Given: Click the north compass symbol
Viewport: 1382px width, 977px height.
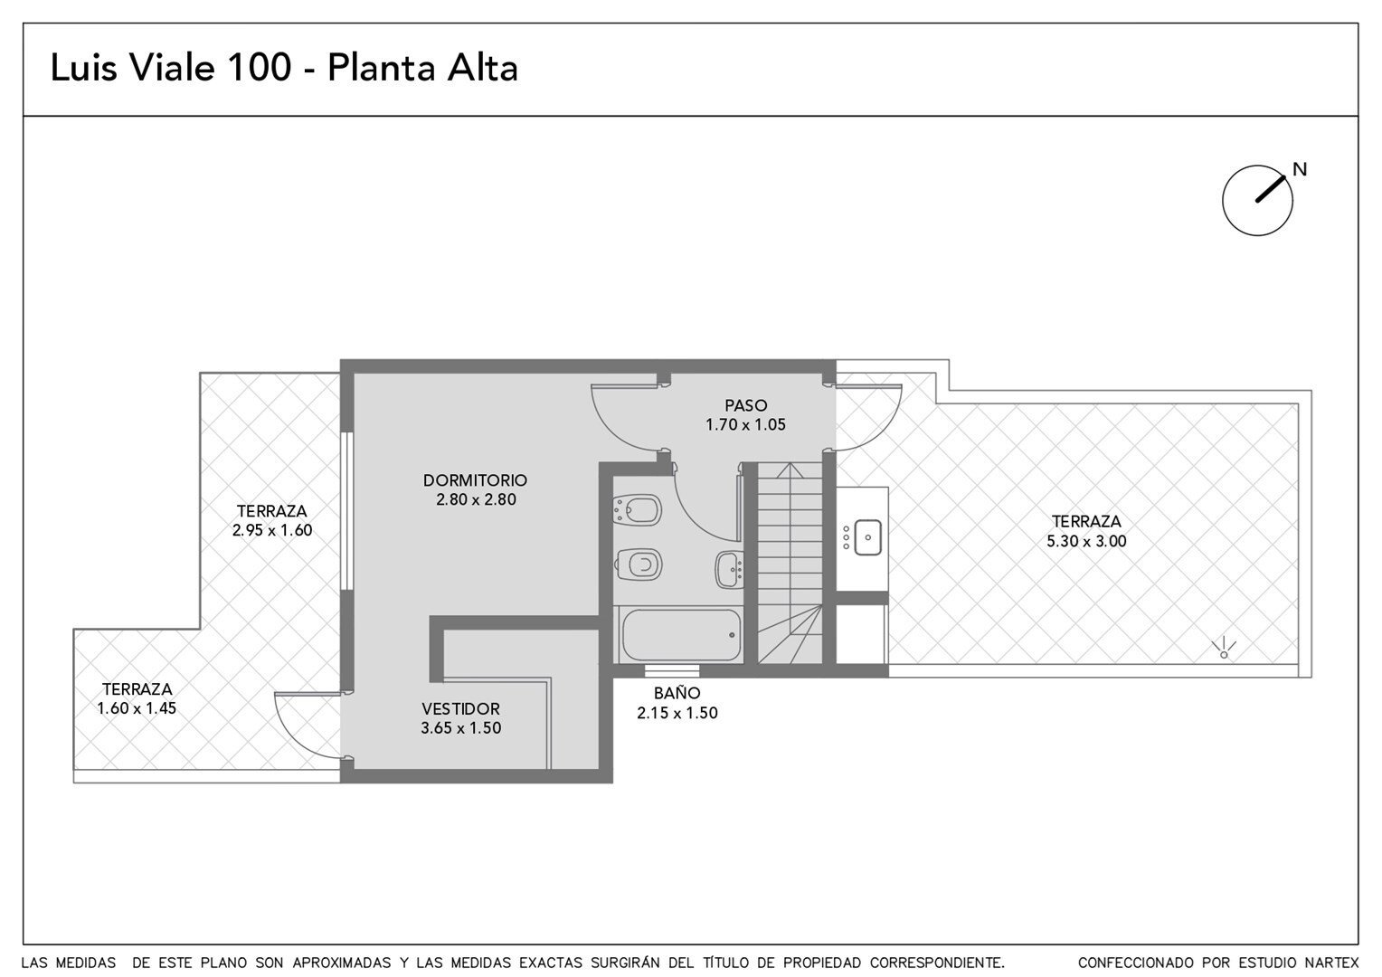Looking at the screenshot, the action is point(1257,200).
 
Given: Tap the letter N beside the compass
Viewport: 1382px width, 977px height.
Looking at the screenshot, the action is point(1300,169).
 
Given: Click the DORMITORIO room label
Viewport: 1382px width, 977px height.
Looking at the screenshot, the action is point(475,479).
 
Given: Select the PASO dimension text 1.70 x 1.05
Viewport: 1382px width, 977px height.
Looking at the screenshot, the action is point(745,424).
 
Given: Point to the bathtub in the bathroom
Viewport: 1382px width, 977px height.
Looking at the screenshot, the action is point(682,634).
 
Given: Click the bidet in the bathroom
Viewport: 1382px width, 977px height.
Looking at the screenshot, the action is point(638,510).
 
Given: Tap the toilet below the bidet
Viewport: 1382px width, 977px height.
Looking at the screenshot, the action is point(639,564).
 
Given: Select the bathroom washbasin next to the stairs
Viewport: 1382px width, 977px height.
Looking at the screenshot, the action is point(730,569).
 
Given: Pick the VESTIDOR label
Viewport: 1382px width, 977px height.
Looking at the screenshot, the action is point(461,708).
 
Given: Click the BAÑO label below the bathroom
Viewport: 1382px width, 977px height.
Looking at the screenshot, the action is point(677,692).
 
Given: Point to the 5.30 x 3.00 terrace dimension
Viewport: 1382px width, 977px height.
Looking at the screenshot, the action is point(1086,541).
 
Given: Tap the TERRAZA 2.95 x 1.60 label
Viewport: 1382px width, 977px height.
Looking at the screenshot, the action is point(272,520).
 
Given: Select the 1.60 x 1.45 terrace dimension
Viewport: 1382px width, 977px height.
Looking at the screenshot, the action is point(137,708).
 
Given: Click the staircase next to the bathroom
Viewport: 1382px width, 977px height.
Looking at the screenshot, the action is point(790,564).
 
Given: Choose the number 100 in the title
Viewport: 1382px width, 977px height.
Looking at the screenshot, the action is point(259,68).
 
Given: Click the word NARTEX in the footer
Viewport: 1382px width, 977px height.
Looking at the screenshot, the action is point(1331,963).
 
